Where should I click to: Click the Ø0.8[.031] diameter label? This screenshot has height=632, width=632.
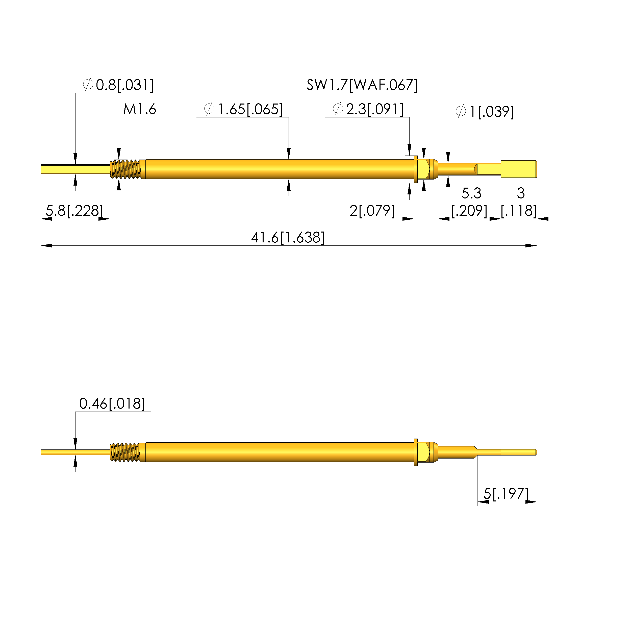pos(118,85)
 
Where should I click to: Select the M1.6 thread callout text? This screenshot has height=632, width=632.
pos(140,109)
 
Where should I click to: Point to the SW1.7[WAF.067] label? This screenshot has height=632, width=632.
pos(362,85)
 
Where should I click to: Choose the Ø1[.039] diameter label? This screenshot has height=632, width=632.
pos(485,112)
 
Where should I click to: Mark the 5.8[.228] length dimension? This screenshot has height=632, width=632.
pos(74,210)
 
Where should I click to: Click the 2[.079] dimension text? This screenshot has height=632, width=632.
pos(372,211)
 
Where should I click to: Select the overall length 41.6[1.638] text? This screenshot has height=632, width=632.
pos(288,238)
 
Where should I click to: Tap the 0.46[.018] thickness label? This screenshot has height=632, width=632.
pos(112,404)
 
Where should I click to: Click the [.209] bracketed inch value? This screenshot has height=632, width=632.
pos(469,211)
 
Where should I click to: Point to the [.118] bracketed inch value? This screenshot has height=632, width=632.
pos(519,211)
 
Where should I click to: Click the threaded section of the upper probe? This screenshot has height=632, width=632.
pos(126,169)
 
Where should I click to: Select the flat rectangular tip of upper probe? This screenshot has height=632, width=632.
pos(518,169)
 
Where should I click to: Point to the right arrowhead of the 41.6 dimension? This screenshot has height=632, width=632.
pos(531,245)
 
